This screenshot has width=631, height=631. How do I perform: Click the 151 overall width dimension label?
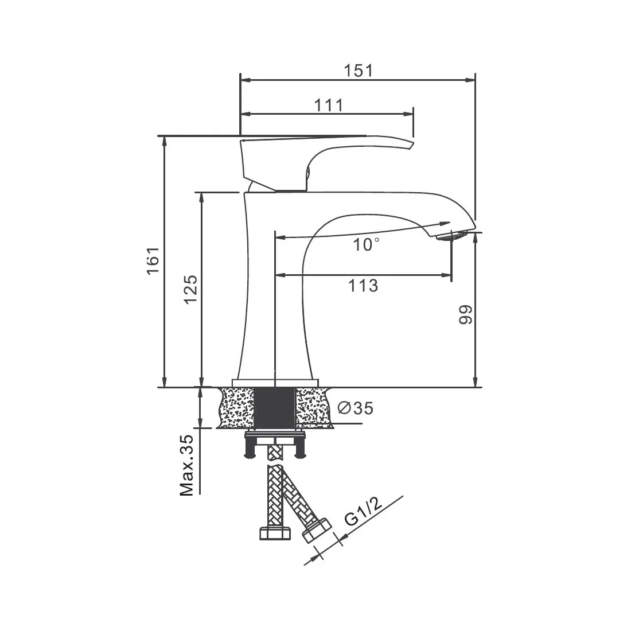(x=358, y=71)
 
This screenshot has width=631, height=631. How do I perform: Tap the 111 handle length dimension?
(x=328, y=106)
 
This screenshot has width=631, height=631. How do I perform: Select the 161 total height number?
(x=153, y=261)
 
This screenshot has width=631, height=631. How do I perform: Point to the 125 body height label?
(x=190, y=289)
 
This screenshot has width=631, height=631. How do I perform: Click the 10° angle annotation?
(x=366, y=245)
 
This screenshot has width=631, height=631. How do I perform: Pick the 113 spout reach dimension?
(x=363, y=286)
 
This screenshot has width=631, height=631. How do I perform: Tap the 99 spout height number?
(x=466, y=315)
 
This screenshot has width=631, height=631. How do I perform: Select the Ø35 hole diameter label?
(x=355, y=408)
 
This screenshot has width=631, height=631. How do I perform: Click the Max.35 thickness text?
(x=186, y=465)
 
